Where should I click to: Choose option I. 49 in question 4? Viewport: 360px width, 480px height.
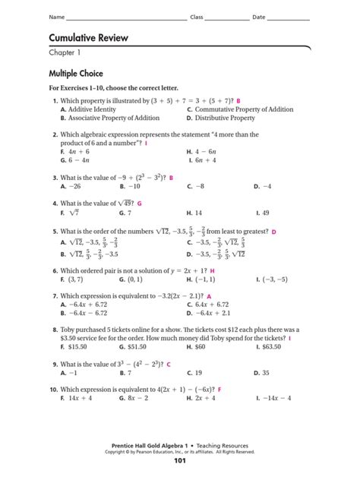point(263,213)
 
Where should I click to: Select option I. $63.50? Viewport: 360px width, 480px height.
point(273,346)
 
